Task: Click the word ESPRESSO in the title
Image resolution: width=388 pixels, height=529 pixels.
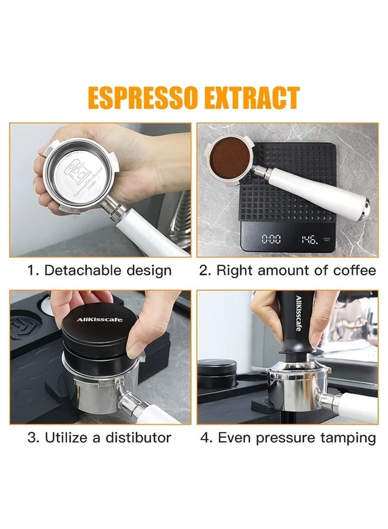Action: (141, 98)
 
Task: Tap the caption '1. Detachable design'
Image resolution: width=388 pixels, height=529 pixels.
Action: (99, 270)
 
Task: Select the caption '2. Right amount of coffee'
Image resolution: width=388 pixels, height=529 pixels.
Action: (287, 270)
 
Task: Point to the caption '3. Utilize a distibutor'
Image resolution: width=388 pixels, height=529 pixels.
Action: (99, 438)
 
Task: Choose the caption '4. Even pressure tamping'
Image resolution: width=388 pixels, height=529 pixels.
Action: (287, 438)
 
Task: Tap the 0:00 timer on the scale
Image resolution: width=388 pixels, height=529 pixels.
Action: (271, 239)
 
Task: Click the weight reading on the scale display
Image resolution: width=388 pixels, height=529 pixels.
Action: (309, 239)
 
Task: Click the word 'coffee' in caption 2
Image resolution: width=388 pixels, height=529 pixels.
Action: (355, 270)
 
